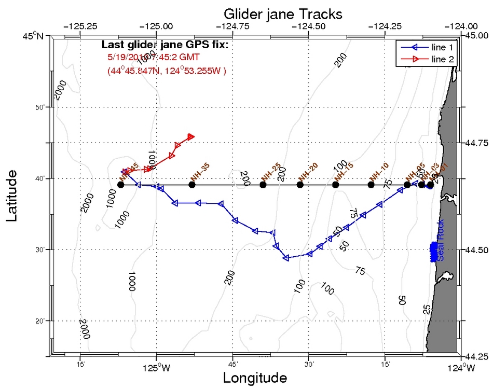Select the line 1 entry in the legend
tap(443, 47)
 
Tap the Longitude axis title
tap(255, 378)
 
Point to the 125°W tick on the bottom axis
tap(157, 368)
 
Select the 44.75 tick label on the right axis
tap(476, 143)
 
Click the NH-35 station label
tap(199, 171)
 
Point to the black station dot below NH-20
tap(300, 185)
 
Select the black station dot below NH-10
tap(371, 185)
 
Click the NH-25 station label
tap(270, 171)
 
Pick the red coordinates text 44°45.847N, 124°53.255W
tap(167, 70)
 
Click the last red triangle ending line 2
tap(191, 136)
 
